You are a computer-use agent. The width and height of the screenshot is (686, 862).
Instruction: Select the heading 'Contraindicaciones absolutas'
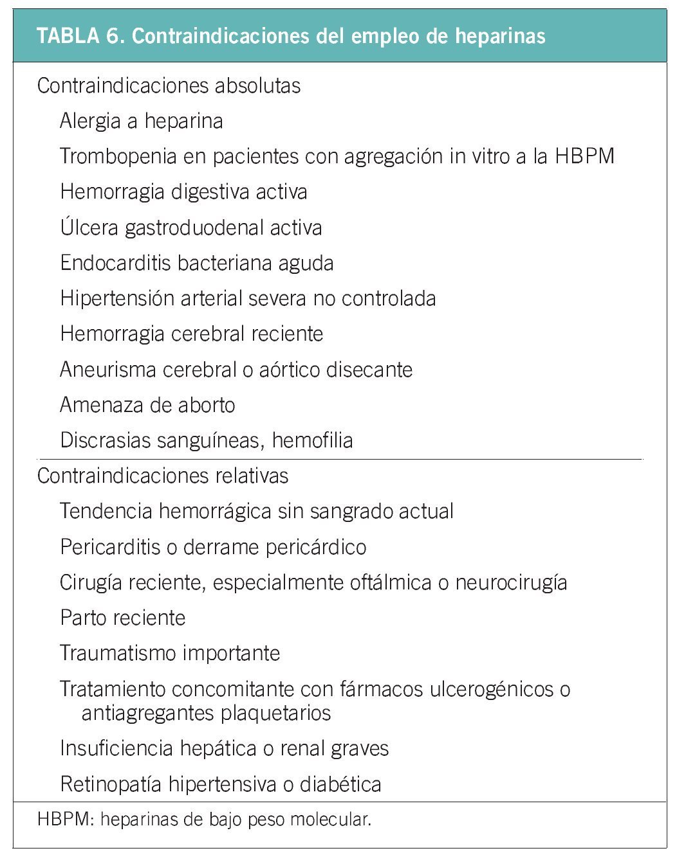click(x=169, y=85)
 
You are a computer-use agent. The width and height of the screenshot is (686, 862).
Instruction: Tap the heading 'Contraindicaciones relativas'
click(x=163, y=476)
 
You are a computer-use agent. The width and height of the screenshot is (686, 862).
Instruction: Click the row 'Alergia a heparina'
click(x=142, y=121)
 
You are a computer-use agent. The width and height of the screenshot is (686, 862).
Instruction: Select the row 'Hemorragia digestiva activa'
click(x=183, y=192)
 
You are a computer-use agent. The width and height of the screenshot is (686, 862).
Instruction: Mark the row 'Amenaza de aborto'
click(x=147, y=405)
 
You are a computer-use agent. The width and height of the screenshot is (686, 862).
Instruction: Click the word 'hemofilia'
click(x=312, y=440)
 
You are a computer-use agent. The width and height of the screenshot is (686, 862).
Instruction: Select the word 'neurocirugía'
click(x=511, y=582)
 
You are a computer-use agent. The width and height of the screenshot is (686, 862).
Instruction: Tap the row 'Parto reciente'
click(x=123, y=618)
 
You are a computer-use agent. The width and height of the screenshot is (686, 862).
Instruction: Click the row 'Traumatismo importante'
click(x=170, y=653)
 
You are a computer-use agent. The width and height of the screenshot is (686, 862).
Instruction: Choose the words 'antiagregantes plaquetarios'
click(x=206, y=713)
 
